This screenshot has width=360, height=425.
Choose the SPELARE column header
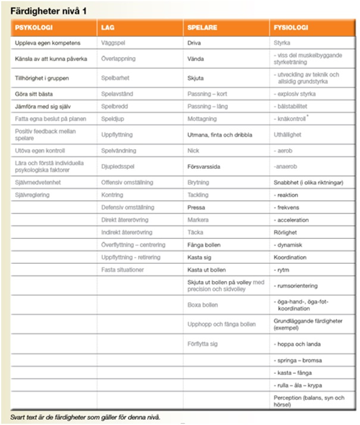202,28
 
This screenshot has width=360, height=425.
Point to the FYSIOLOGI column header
290,28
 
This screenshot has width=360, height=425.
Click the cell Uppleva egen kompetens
48,43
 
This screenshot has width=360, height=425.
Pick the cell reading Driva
194,43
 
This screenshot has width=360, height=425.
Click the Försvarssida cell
204,168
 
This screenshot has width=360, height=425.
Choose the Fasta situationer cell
123,270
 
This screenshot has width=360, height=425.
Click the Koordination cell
290,257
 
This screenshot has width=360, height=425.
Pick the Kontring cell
112,195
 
